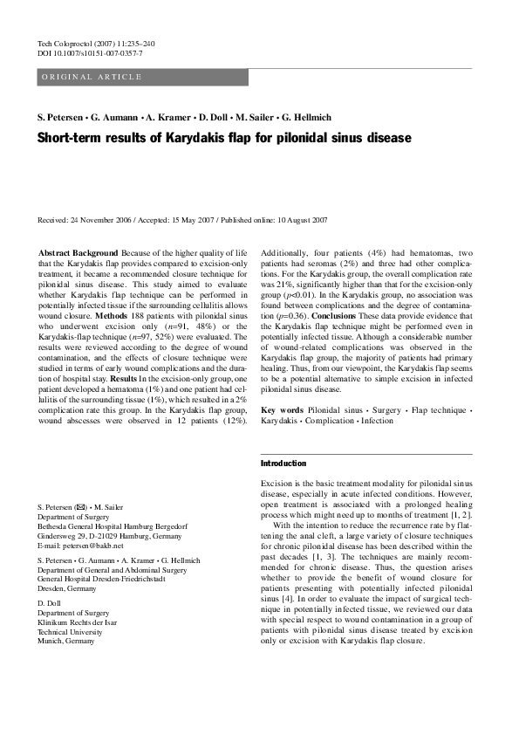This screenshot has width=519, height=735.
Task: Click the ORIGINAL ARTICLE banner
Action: tap(92, 78)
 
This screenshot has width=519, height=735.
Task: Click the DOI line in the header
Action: tap(91, 53)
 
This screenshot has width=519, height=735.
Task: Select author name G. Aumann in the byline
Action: tap(115, 117)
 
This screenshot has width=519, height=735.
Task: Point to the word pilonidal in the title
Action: tap(305, 138)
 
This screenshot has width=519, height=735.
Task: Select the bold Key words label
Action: tap(283, 409)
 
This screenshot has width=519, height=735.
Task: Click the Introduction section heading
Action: tap(283, 464)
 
